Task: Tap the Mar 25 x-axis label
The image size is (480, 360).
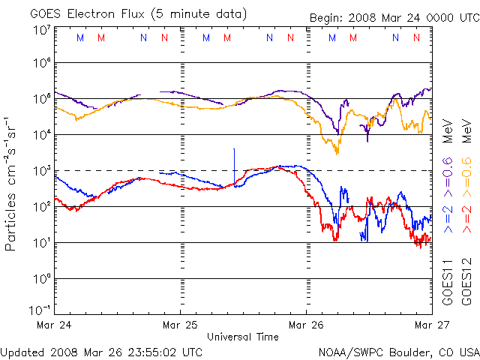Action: (x=180, y=325)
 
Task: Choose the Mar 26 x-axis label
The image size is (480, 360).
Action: (x=306, y=325)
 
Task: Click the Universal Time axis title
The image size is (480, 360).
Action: (x=243, y=337)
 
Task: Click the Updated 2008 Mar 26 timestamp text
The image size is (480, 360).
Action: (x=102, y=351)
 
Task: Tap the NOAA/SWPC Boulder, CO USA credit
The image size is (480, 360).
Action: (x=398, y=351)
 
